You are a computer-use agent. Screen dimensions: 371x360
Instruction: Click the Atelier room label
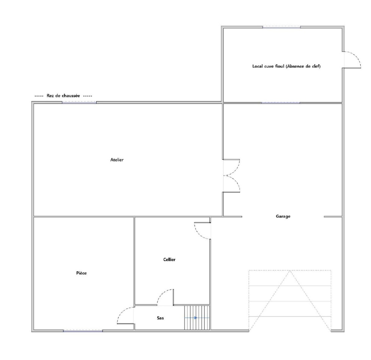click(x=117, y=160)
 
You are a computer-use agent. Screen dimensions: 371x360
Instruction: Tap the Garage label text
click(x=283, y=216)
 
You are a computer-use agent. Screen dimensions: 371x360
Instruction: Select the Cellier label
click(x=170, y=259)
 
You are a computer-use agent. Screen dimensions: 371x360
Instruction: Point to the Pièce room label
click(x=81, y=273)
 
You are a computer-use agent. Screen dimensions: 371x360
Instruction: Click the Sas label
click(x=160, y=318)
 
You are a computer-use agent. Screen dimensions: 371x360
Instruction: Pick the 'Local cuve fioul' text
click(x=268, y=67)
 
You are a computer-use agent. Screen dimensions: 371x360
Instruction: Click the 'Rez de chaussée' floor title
click(x=63, y=96)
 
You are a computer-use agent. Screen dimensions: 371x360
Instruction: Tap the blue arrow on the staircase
click(x=191, y=318)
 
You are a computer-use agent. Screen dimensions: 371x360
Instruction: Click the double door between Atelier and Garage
click(x=231, y=175)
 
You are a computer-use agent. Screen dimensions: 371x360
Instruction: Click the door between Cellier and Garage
click(x=203, y=231)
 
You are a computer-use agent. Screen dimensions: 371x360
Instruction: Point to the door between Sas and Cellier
click(x=165, y=297)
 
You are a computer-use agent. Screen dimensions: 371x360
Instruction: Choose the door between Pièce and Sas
click(x=125, y=315)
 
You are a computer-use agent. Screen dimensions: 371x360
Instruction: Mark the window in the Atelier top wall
click(x=79, y=102)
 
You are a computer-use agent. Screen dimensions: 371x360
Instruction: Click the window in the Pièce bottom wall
click(x=83, y=331)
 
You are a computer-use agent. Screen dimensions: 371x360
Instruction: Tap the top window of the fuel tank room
click(x=282, y=27)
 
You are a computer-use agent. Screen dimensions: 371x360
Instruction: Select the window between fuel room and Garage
click(x=281, y=103)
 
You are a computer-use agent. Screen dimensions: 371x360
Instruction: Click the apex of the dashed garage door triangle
click(x=290, y=271)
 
